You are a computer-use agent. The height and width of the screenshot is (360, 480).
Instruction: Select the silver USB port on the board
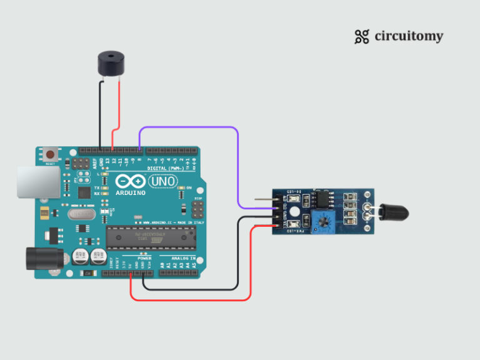38,181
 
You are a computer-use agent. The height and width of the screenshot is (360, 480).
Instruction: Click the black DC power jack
43,258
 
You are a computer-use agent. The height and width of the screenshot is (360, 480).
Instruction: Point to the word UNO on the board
163,181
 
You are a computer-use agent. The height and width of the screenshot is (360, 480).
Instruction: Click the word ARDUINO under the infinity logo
130,192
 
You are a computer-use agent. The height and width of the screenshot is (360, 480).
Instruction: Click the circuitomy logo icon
361,37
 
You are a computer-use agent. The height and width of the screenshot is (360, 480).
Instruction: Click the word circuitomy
409,36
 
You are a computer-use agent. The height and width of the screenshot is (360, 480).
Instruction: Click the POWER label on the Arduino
144,257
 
